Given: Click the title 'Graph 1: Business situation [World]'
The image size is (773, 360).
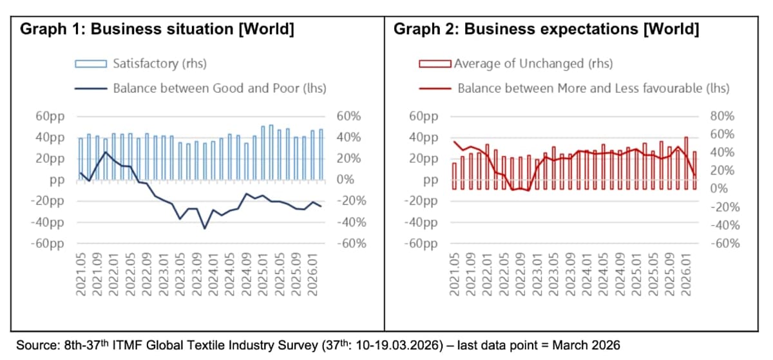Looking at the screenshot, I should coord(158,30).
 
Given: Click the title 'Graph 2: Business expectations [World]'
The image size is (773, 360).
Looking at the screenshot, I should coord(546,30).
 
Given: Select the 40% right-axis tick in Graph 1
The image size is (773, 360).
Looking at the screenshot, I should coord(348,138).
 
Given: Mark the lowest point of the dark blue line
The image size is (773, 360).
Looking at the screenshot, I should coord(205,228).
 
